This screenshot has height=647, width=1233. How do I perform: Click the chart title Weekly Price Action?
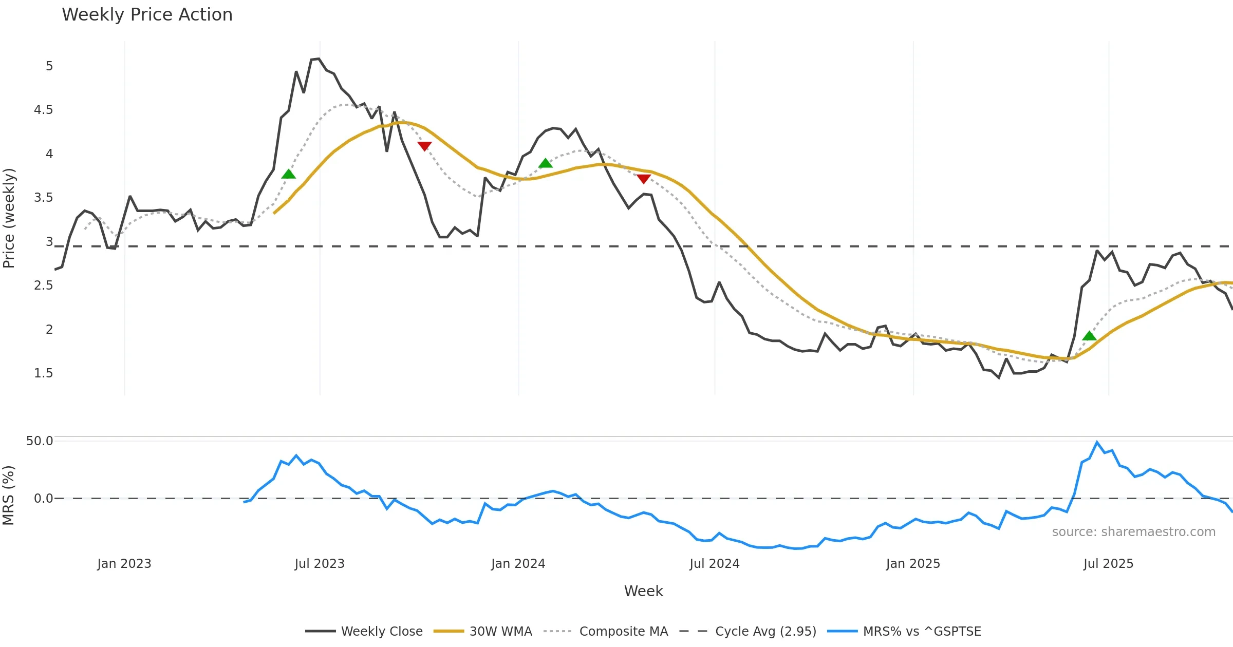[x=147, y=15]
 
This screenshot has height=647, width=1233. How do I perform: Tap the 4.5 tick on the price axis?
[x=43, y=110]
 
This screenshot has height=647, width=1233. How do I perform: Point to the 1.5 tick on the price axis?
[x=43, y=373]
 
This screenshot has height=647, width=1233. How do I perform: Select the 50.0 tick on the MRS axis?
[x=40, y=441]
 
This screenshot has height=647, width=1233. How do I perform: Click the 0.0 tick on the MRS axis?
[x=43, y=499]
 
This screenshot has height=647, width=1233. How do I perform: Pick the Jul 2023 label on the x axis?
[x=320, y=564]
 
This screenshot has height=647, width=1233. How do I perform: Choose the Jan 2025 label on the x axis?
[x=913, y=564]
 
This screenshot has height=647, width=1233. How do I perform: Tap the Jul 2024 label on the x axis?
[x=715, y=564]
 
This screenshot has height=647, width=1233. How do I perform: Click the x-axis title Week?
[x=643, y=592]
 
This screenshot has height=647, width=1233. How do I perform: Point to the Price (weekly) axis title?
[x=9, y=218]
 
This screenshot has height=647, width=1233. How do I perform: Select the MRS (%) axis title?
[x=9, y=496]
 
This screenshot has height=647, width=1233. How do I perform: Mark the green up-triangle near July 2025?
[x=1089, y=336]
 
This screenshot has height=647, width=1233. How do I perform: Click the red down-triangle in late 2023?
[x=424, y=146]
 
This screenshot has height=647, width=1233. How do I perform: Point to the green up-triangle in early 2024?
[x=546, y=163]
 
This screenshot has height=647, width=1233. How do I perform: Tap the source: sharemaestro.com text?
[x=1133, y=532]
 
